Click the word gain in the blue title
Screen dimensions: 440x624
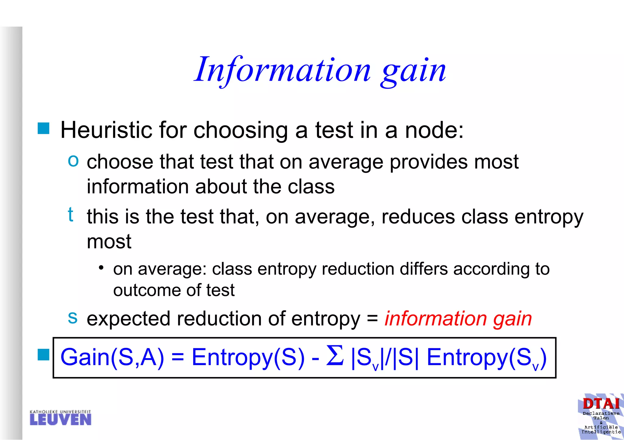tap(413, 72)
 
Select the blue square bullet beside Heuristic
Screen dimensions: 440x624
tap(44, 128)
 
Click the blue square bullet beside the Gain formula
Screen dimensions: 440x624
tap(44, 354)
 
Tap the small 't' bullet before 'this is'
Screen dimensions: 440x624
tap(70, 214)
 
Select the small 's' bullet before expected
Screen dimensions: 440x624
tap(73, 317)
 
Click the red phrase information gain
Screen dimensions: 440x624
tap(458, 319)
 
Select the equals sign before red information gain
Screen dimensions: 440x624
tap(372, 319)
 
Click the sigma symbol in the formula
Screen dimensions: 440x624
tap(335, 355)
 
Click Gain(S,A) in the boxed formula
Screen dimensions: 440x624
tap(112, 357)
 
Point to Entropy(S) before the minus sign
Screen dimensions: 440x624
tap(248, 357)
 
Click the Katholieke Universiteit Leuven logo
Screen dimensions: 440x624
tap(60, 418)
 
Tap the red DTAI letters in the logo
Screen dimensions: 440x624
tap(601, 404)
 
